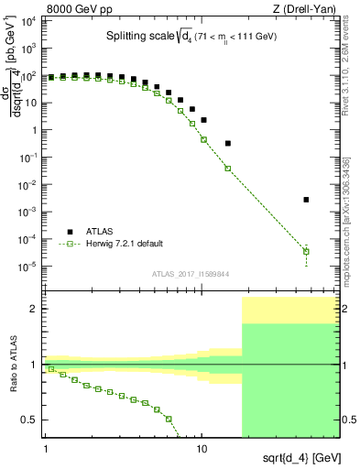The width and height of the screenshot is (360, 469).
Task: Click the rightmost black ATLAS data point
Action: tap(306, 200)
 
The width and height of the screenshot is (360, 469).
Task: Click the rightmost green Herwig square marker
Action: tap(306, 251)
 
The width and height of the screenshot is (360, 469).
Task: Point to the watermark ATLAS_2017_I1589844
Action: tap(191, 274)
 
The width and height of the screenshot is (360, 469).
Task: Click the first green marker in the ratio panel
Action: tap(51, 369)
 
